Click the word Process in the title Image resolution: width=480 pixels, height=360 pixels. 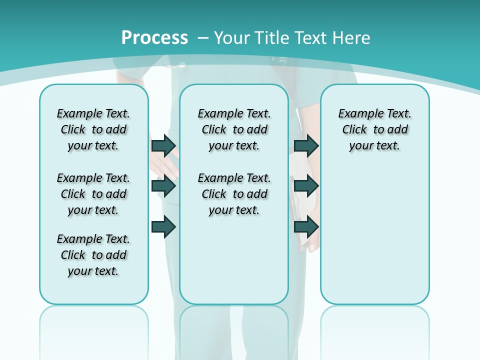pos(154,38)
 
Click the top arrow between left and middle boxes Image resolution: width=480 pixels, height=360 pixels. pos(163,145)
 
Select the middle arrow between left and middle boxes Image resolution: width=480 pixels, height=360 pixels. pos(163,186)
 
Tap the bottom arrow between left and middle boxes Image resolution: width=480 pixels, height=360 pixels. pos(163,226)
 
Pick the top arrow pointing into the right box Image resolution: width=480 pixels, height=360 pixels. pos(306,145)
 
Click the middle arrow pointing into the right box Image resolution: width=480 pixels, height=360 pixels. pos(306,186)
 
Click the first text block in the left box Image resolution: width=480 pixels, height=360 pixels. pos(93,129)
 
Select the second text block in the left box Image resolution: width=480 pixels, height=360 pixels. pos(93,194)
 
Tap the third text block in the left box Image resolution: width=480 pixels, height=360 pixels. pos(93,255)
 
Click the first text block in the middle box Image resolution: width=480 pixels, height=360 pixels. pos(234,129)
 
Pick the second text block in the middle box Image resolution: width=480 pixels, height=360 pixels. pos(234,194)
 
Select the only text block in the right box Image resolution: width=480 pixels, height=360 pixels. pos(375,129)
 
